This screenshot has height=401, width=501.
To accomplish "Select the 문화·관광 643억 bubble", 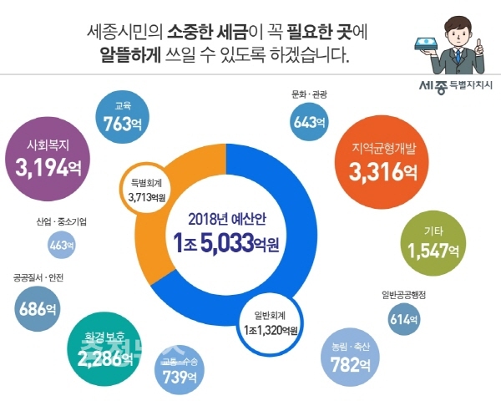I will click(x=310, y=121).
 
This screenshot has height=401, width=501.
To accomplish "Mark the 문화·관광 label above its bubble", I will click(x=310, y=94).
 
